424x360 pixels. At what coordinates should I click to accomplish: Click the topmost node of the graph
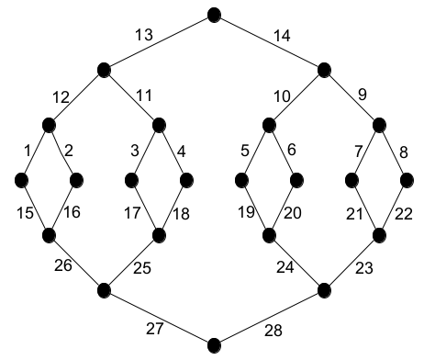coord(215,14)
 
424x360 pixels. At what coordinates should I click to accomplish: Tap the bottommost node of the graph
coord(215,345)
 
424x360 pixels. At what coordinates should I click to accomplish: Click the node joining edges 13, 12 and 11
coord(104,69)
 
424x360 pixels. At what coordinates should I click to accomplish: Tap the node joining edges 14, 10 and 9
coord(325,69)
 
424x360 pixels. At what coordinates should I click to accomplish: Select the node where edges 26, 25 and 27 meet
coord(104,290)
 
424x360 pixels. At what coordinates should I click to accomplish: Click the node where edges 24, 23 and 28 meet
coord(325,290)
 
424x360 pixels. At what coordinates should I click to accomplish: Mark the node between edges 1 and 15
coord(21,180)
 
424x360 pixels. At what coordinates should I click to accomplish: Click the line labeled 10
coord(297,96)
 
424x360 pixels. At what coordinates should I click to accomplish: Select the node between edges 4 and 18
coord(186,180)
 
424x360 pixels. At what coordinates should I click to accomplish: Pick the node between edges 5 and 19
coord(242,180)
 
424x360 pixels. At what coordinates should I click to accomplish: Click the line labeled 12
coord(76,96)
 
